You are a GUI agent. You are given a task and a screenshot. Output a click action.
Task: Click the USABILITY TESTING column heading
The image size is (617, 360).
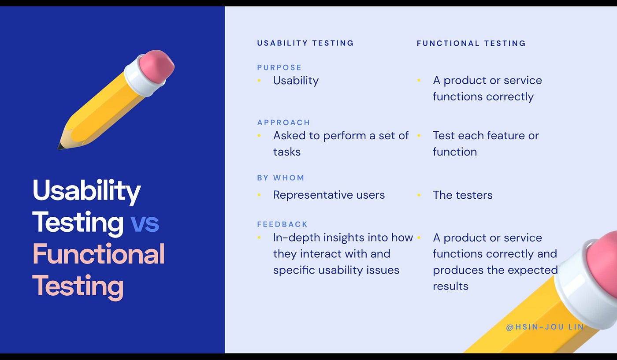point(305,43)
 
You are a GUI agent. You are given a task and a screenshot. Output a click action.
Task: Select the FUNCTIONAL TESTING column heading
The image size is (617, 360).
point(471,43)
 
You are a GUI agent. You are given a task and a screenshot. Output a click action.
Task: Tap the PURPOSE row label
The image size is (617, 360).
point(279,67)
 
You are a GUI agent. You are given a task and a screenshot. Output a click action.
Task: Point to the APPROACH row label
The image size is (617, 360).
point(283,122)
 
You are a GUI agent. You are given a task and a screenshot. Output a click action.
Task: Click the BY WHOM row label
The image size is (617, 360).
point(280,178)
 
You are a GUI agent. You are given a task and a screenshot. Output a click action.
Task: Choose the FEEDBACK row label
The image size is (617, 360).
point(282,224)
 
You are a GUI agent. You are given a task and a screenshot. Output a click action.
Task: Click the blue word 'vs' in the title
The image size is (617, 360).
point(145,223)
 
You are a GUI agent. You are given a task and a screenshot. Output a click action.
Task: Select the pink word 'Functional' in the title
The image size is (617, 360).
point(99,254)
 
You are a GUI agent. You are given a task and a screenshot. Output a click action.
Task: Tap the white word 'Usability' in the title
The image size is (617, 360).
point(87,191)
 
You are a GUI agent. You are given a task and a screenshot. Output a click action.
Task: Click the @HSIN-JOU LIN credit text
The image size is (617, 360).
point(545,327)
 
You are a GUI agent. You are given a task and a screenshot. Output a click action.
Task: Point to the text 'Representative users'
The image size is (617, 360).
point(329,195)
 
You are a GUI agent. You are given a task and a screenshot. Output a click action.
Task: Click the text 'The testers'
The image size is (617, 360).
point(462,195)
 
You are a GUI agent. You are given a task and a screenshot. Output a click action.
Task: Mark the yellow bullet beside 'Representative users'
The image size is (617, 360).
point(259,195)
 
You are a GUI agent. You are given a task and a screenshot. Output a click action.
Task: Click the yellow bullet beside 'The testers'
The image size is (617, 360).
point(419,195)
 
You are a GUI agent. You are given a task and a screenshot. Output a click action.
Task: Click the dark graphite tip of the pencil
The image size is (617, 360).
point(59,147)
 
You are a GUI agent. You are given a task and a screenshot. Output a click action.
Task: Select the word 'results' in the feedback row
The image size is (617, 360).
point(450,286)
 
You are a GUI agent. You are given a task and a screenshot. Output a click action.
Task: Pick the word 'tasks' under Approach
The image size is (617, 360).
point(287,152)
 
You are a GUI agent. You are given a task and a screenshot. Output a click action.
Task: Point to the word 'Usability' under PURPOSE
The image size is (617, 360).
point(296,81)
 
